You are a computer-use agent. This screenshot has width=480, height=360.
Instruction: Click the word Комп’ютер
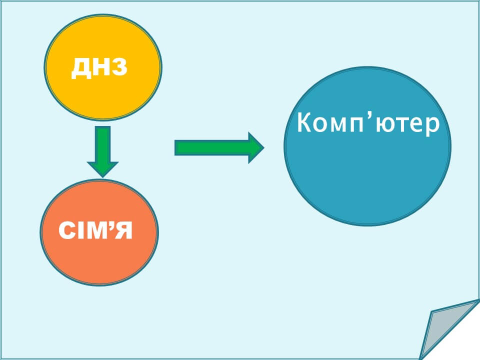click(x=368, y=123)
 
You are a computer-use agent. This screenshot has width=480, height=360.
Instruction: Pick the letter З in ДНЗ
click(x=118, y=67)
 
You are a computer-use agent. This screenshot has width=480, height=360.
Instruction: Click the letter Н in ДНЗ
click(x=99, y=67)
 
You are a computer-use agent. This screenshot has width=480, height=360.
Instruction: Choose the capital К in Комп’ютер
click(x=304, y=123)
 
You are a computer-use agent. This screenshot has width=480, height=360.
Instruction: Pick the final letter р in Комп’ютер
click(x=433, y=126)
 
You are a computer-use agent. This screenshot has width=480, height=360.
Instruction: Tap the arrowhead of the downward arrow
click(x=102, y=168)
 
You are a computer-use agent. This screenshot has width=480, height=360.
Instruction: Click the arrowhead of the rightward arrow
click(x=255, y=147)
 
